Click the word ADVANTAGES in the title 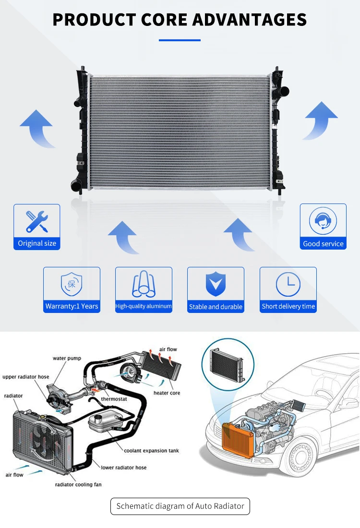click(250, 20)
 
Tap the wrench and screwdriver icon click(37, 221)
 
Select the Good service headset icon click(323, 221)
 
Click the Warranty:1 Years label click(72, 306)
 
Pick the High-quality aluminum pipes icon click(144, 284)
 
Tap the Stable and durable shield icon click(216, 284)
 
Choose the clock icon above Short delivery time click(288, 284)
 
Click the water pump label click(67, 359)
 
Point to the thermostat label click(114, 399)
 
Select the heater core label click(167, 393)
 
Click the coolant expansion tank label click(152, 451)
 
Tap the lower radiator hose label click(123, 468)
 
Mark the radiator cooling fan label click(78, 485)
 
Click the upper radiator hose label click(26, 377)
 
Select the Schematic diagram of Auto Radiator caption click(180, 506)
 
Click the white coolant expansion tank click(105, 423)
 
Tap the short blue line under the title click(180, 40)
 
